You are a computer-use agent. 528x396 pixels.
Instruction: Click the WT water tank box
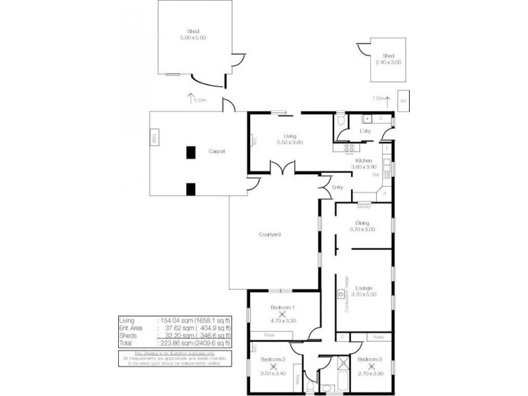click(403, 100)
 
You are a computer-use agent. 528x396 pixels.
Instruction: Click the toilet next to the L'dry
click(340, 122)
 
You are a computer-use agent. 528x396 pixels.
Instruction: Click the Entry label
click(338, 187)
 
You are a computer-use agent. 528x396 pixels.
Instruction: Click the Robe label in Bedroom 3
click(377, 337)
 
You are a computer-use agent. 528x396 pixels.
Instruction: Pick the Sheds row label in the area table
click(125, 335)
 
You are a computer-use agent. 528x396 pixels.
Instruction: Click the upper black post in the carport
click(191, 152)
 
